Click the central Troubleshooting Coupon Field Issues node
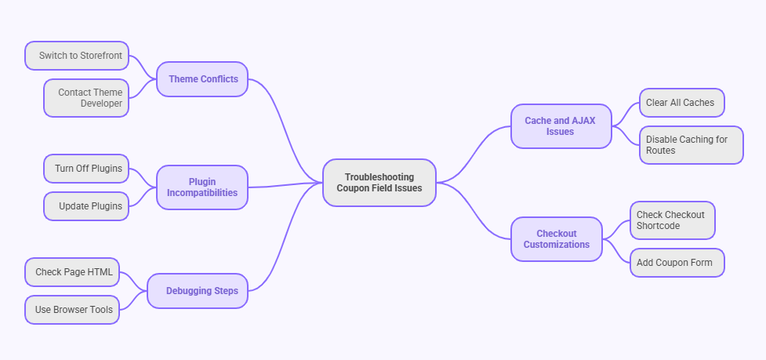click(379, 183)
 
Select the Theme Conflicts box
click(202, 79)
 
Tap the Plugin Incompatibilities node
click(202, 187)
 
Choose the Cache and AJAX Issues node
click(561, 126)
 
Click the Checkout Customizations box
click(557, 239)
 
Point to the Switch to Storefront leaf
click(77, 56)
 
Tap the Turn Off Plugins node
click(86, 169)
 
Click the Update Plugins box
click(86, 206)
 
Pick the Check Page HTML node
click(72, 272)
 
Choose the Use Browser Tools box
click(72, 310)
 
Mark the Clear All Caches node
click(681, 103)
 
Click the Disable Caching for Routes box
click(691, 145)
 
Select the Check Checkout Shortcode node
click(673, 220)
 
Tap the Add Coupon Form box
click(677, 263)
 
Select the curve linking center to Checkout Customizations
click(478, 216)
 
